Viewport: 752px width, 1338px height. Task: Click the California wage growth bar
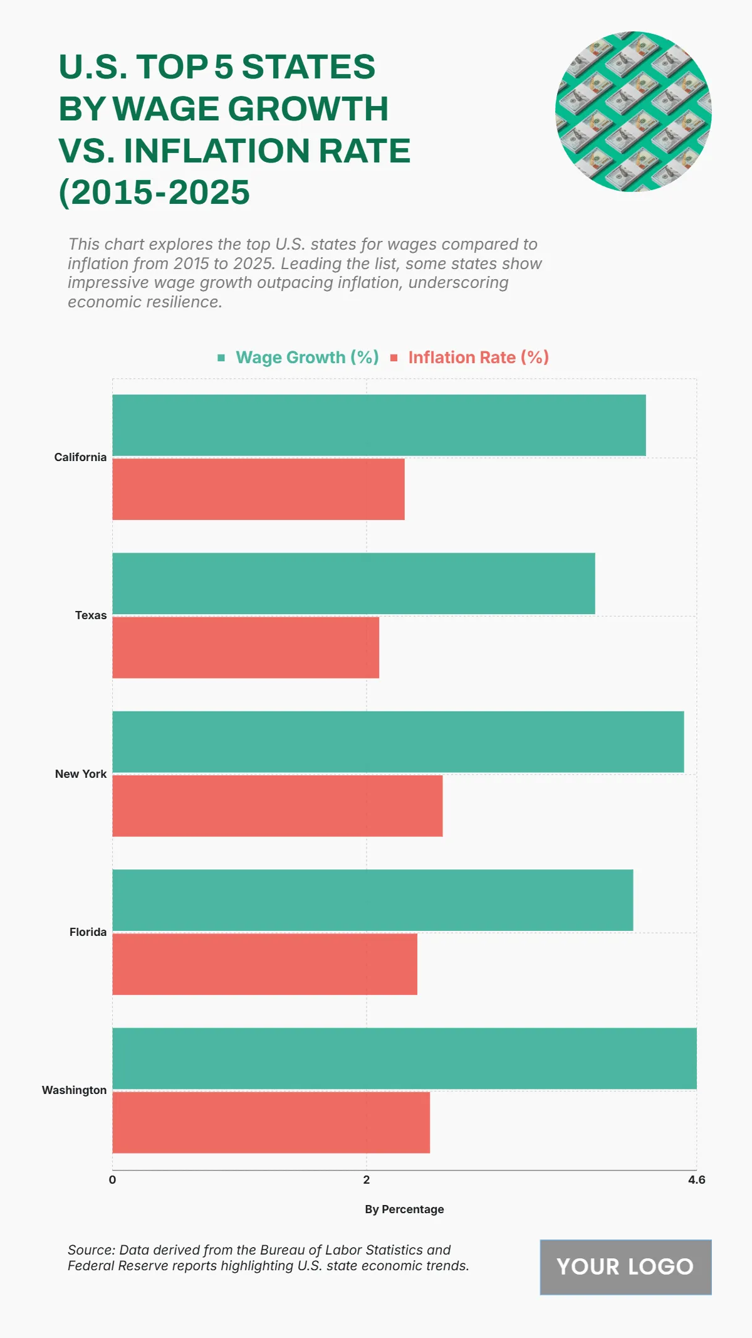coord(379,425)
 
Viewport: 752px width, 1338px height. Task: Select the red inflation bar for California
coord(258,489)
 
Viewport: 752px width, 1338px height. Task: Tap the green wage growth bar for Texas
coord(353,583)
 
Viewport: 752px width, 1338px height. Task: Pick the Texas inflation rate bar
coord(246,647)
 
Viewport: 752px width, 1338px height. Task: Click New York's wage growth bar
coord(398,742)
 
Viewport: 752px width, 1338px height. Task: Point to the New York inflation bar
coord(277,806)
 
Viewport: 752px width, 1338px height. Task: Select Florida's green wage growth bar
coord(372,900)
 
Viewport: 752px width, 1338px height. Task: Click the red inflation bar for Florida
coord(264,964)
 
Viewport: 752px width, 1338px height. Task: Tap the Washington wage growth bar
coord(404,1058)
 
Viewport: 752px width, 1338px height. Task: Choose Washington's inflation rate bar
coord(271,1122)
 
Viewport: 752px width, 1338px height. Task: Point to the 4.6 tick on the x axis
coord(696,1180)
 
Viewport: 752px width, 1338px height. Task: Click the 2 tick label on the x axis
coord(367,1180)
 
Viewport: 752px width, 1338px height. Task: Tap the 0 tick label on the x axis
coord(112,1180)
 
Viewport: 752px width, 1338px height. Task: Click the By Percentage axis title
coord(404,1209)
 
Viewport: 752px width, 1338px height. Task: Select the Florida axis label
coord(88,932)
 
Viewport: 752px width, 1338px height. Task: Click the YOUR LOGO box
coord(625,1267)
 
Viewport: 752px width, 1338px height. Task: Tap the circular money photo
coord(633,112)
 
